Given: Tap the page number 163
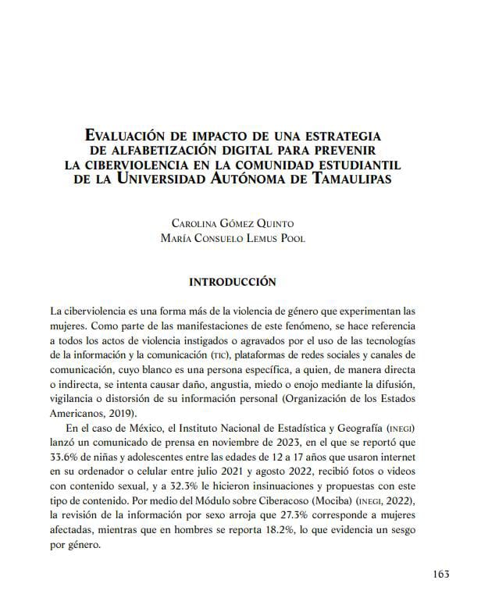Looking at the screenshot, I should click(440, 574).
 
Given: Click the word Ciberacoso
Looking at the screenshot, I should click(259, 500).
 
